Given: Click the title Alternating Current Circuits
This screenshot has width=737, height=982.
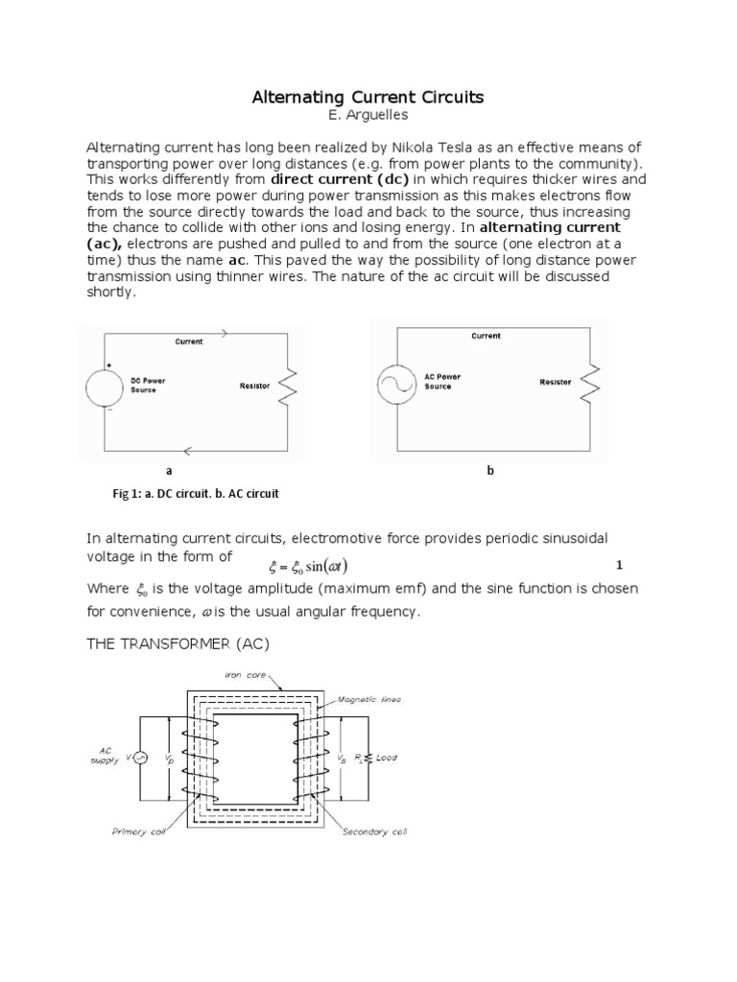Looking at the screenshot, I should pyautogui.click(x=368, y=97).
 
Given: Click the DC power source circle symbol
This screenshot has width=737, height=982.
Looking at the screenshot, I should pyautogui.click(x=106, y=387).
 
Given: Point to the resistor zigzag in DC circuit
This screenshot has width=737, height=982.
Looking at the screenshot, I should pyautogui.click(x=287, y=387).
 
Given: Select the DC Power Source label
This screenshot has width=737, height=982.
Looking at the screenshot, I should pyautogui.click(x=149, y=386).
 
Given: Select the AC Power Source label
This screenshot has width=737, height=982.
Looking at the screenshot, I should pyautogui.click(x=442, y=382).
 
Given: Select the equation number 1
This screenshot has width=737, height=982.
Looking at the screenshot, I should pyautogui.click(x=620, y=564).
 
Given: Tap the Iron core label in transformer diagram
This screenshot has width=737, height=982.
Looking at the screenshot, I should pyautogui.click(x=248, y=675).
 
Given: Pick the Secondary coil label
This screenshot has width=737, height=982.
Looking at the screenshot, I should pyautogui.click(x=375, y=831).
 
